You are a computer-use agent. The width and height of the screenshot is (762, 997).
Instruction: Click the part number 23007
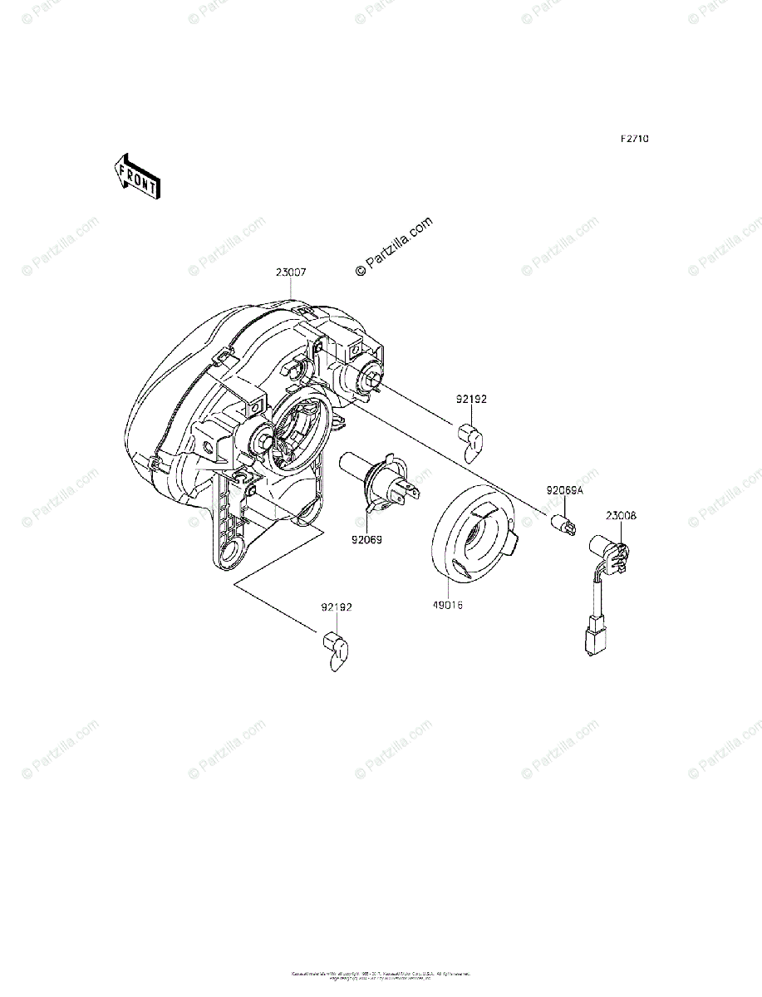click(292, 272)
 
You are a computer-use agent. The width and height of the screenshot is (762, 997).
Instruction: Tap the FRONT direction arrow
click(137, 175)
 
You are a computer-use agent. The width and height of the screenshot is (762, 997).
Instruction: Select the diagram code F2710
click(633, 139)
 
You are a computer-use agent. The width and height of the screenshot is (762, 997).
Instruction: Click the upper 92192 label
click(471, 400)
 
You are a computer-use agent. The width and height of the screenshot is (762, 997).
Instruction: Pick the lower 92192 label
click(337, 607)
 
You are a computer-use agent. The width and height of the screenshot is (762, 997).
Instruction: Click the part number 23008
click(621, 516)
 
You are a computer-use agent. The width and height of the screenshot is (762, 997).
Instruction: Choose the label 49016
click(447, 606)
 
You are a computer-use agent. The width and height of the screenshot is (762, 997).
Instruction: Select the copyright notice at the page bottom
click(381, 975)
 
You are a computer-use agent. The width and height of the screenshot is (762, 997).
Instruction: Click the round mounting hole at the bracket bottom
click(233, 550)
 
